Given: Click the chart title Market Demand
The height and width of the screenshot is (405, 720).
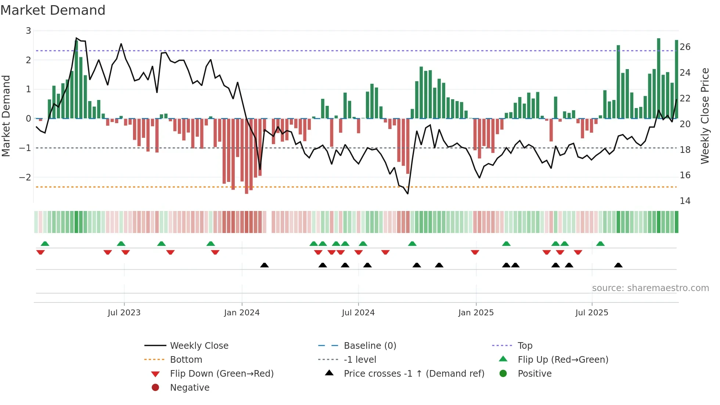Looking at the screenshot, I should (x=53, y=10).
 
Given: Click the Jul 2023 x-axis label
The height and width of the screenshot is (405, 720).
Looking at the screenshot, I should (x=124, y=313).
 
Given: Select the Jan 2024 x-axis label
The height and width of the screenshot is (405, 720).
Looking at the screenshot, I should (x=242, y=313).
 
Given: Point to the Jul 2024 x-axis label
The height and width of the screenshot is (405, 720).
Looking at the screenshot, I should (x=358, y=313).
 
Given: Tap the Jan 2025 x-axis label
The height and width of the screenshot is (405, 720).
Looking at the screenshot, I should (x=476, y=313).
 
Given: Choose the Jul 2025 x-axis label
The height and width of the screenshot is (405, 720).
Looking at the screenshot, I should (x=592, y=313).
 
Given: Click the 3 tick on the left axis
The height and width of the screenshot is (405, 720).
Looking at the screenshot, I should (x=28, y=31).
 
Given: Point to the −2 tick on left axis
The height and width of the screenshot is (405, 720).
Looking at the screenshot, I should (x=25, y=177).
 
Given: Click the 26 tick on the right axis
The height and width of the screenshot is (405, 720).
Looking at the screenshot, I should (x=685, y=47).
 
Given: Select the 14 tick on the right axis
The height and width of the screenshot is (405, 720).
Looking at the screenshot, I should (x=685, y=201).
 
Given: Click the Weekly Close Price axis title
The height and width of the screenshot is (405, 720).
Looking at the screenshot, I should (x=705, y=116).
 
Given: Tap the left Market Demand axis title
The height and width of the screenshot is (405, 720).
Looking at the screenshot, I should (x=6, y=116).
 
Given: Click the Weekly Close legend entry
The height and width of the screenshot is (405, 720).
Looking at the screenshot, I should (x=199, y=346).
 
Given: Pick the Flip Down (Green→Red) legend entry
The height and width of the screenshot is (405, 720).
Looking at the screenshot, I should (x=222, y=374).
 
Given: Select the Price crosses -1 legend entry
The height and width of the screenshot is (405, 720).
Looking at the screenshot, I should (x=414, y=374).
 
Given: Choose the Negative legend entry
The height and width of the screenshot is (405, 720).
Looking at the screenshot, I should (x=190, y=388).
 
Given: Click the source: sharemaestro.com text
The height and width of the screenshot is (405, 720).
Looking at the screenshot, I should (x=650, y=288).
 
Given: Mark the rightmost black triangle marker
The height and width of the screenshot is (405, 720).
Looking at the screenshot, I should (x=618, y=265).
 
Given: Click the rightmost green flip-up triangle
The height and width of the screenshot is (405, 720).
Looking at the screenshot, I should (x=600, y=244).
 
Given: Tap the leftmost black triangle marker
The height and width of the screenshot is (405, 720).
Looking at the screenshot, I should (x=264, y=265).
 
